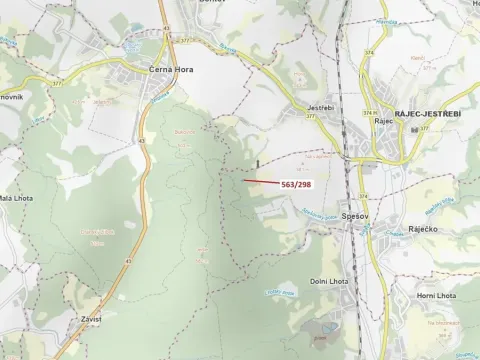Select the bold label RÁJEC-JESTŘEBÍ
point(427,116)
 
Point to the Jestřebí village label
point(320,107)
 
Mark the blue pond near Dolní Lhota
point(328,329)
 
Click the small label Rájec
point(381,121)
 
